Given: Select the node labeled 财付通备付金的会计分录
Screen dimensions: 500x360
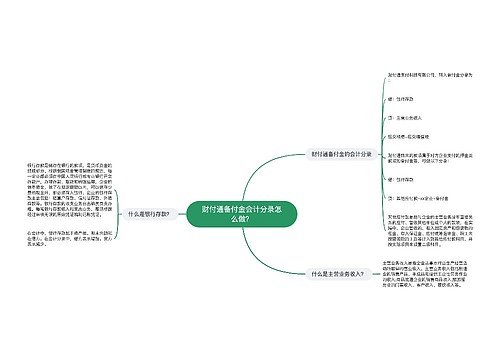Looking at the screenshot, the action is pyautogui.click(x=342, y=153).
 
